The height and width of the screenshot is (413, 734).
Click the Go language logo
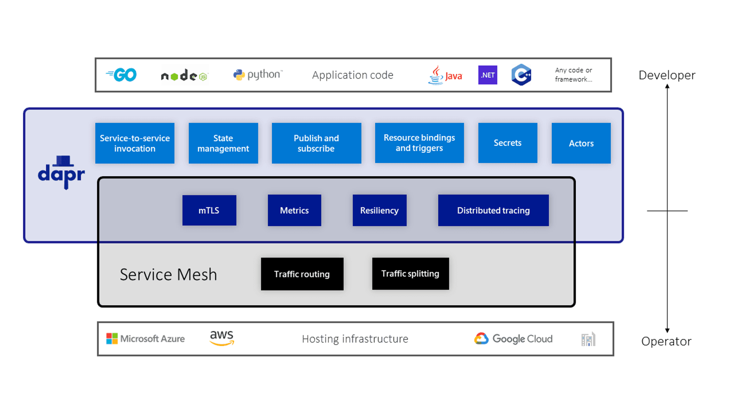[122, 75]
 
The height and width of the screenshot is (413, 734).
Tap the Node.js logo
[184, 76]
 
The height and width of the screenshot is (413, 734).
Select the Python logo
[258, 75]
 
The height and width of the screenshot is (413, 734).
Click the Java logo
[445, 75]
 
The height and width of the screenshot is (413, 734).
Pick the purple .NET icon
[488, 75]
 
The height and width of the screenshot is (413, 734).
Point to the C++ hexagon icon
[522, 75]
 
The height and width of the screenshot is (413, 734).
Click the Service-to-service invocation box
[135, 143]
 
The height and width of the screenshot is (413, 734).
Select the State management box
[223, 143]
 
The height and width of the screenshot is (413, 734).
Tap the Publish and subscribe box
[317, 143]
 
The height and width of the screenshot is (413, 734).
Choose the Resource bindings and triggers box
[419, 143]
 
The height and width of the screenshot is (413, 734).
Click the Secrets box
[507, 143]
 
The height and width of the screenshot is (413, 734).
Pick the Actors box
[581, 143]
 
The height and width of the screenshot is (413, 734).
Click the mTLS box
[209, 210]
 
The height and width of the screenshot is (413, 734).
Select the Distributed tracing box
[493, 210]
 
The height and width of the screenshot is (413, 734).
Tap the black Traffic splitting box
[410, 273]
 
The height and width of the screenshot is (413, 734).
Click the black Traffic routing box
[302, 274]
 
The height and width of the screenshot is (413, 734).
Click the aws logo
[222, 338]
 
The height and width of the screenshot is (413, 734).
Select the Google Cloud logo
[513, 339]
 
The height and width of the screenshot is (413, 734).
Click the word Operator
[666, 341]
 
